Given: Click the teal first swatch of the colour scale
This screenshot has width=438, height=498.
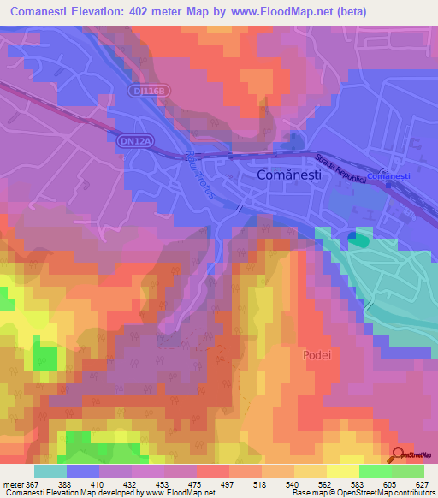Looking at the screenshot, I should tap(50, 471).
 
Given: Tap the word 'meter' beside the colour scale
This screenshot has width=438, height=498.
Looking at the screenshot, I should tap(16, 483).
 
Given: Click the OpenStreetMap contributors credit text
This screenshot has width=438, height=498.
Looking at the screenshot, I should tap(389, 493).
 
